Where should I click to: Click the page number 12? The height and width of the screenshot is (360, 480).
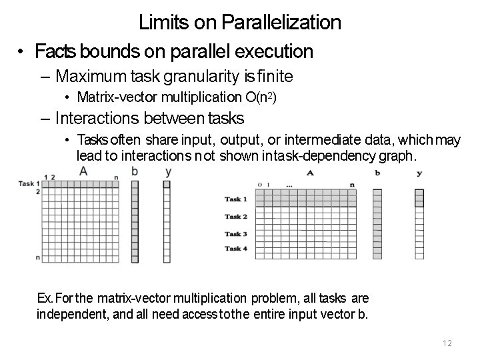click(x=447, y=343)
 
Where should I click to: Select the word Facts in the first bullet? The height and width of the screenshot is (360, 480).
click(x=55, y=51)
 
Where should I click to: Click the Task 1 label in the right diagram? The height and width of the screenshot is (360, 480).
click(x=236, y=199)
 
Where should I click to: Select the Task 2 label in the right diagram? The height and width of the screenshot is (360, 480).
click(x=236, y=217)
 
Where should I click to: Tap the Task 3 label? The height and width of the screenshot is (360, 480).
click(x=236, y=234)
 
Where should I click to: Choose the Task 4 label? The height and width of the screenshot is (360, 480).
click(x=236, y=249)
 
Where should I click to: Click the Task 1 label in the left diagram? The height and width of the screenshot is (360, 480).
click(x=27, y=183)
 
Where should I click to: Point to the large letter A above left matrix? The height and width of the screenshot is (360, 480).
click(x=83, y=171)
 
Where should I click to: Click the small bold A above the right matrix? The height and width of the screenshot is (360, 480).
click(x=310, y=173)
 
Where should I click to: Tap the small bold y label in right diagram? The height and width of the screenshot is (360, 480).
click(x=419, y=173)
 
